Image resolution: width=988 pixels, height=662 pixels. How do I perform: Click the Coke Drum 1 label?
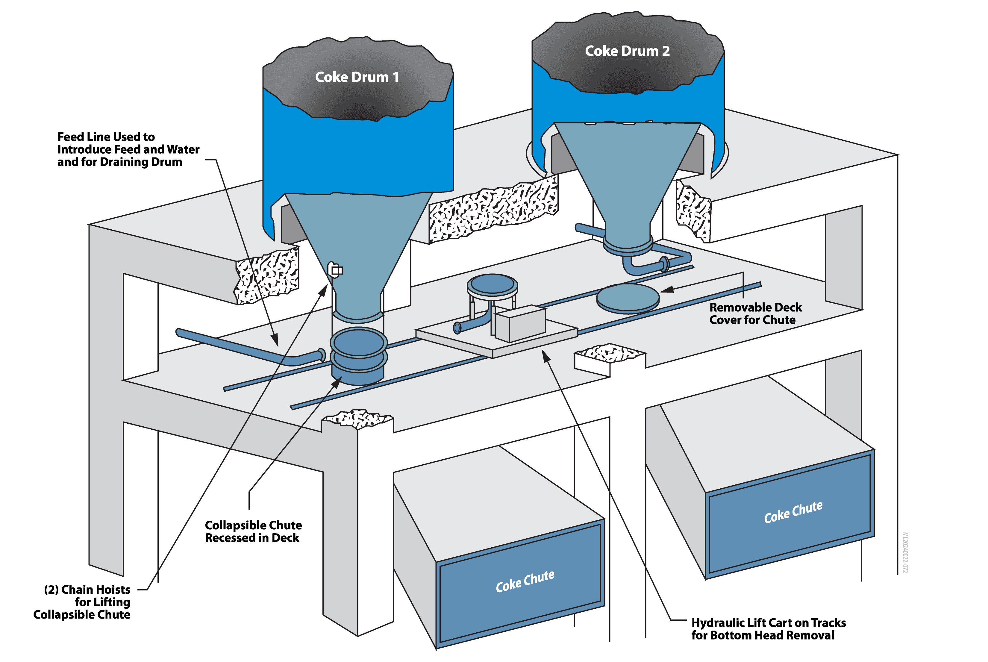[x=357, y=77]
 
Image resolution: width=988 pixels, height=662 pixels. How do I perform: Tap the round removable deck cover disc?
[x=627, y=297]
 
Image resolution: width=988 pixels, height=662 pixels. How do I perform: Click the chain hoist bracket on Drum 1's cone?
[x=336, y=269]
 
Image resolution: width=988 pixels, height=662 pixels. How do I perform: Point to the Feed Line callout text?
[x=128, y=149]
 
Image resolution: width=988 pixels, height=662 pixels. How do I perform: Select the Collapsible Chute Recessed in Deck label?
[x=253, y=531]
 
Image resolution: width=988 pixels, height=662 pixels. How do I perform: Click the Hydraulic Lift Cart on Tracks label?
[x=768, y=629]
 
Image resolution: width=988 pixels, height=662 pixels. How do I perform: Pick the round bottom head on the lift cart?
[x=492, y=285]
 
